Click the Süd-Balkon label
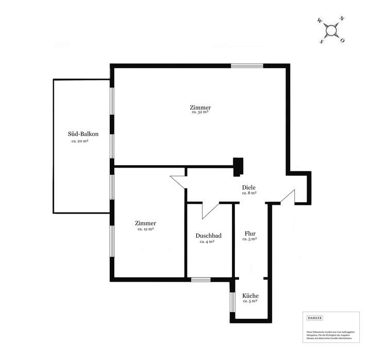(83, 134)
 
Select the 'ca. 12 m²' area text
(145, 229)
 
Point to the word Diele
(249, 187)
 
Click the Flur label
(249, 233)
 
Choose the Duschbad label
(209, 236)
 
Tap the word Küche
(250, 296)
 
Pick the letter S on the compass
(322, 42)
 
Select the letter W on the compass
(320, 21)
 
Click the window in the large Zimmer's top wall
(247, 66)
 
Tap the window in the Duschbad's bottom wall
(201, 280)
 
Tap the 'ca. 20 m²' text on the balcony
(80, 141)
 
